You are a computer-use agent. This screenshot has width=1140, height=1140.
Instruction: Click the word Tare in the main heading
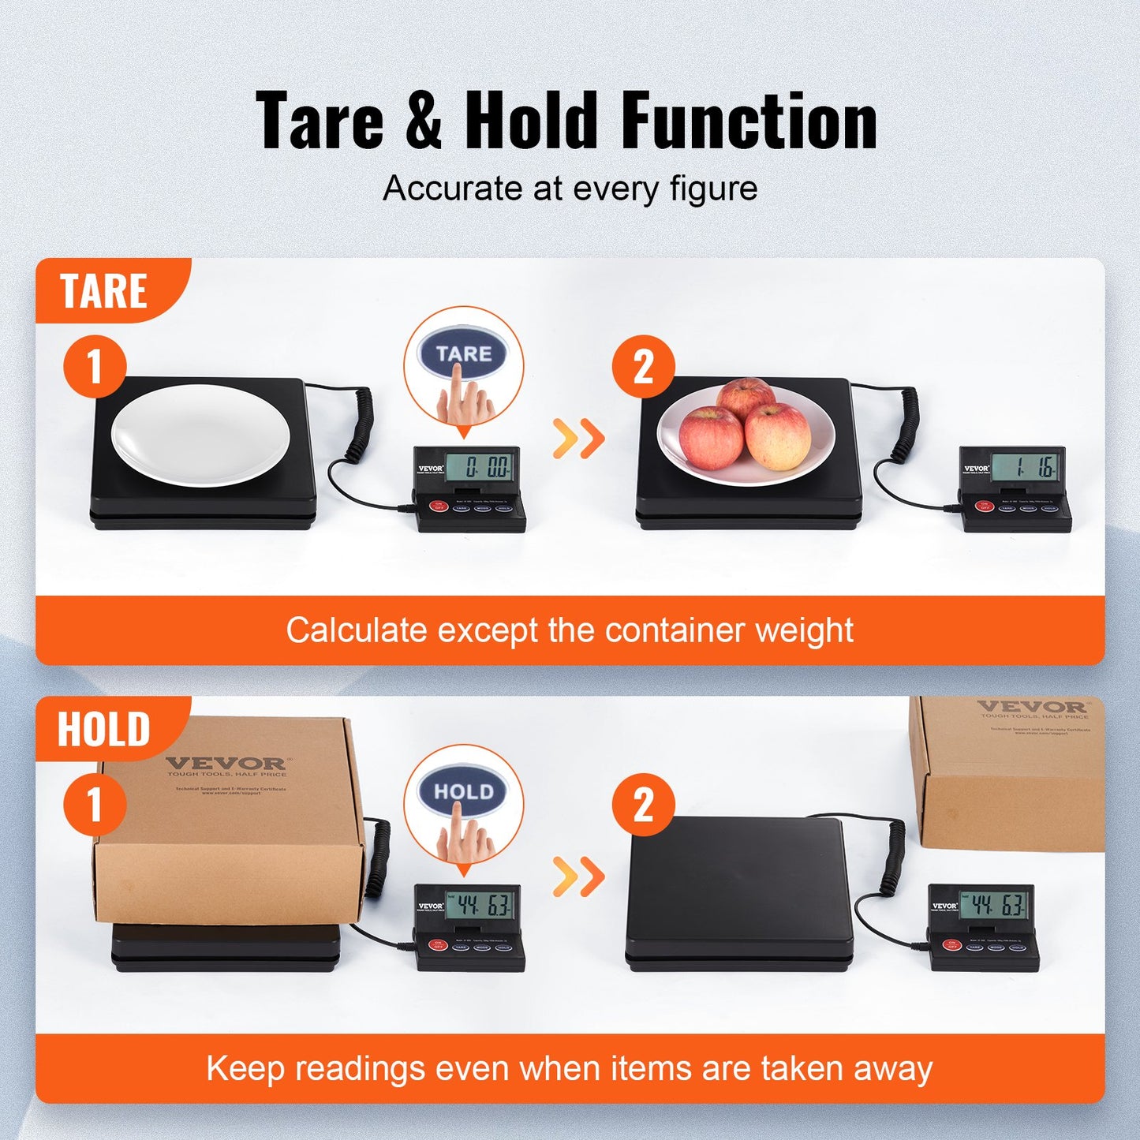320,121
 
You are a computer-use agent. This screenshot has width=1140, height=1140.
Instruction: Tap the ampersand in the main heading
424,121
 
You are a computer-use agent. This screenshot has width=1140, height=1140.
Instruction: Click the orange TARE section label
103,291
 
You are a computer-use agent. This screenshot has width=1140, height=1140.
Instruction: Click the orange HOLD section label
103,729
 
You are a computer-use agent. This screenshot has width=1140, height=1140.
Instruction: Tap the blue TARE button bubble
464,354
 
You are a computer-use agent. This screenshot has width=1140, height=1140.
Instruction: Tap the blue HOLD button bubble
464,791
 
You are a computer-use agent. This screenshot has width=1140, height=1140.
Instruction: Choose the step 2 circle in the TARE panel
643,367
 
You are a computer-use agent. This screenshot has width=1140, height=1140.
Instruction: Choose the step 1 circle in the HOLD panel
95,805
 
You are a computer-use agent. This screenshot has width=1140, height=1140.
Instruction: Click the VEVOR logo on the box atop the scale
226,764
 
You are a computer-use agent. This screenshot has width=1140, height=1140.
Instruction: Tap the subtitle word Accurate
453,189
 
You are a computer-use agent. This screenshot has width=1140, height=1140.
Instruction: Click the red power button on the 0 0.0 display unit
436,506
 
